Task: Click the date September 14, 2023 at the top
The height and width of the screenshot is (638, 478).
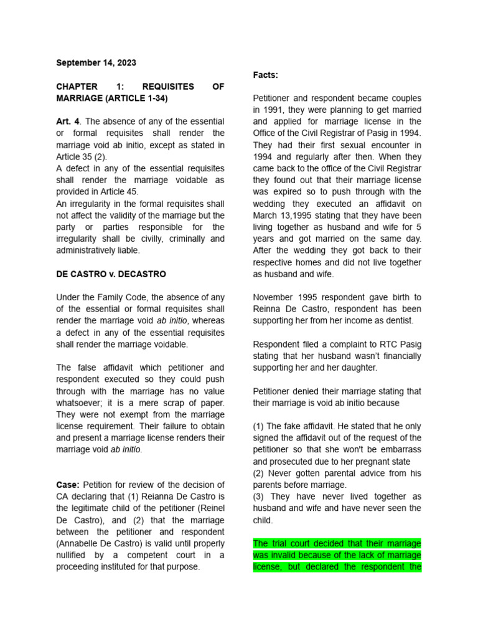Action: click(96, 63)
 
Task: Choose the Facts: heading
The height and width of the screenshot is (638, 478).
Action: click(266, 75)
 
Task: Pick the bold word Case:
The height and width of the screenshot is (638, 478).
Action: click(68, 485)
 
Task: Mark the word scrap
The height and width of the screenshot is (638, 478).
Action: click(181, 403)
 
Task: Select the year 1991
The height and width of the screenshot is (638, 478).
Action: click(265, 110)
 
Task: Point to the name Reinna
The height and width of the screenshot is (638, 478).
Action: click(268, 309)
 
